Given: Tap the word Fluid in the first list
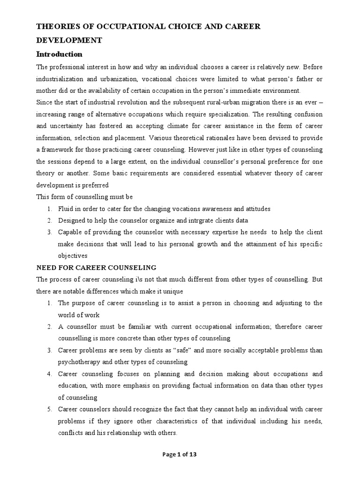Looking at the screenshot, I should click(66, 208).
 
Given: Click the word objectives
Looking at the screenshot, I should click(73, 256).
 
